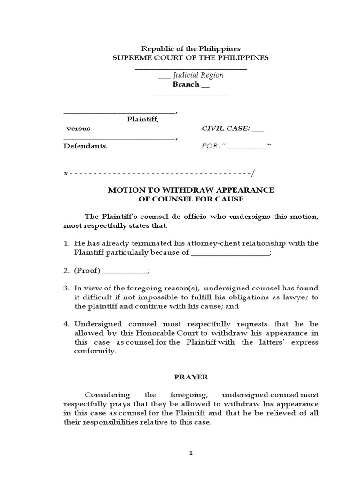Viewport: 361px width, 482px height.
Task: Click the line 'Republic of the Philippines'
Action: (191, 48)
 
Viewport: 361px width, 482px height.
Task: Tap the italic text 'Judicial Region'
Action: (197, 75)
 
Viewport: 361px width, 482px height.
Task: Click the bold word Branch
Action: (186, 84)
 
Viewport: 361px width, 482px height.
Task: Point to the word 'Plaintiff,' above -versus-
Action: (143, 120)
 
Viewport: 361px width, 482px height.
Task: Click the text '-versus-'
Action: (78, 129)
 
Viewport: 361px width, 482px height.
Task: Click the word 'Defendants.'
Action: (86, 146)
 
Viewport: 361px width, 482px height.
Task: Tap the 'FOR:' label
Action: (210, 146)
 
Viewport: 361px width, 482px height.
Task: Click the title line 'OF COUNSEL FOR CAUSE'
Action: (191, 199)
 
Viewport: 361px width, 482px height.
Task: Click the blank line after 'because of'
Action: (230, 253)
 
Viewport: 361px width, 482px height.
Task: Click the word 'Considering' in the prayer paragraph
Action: (102, 395)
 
